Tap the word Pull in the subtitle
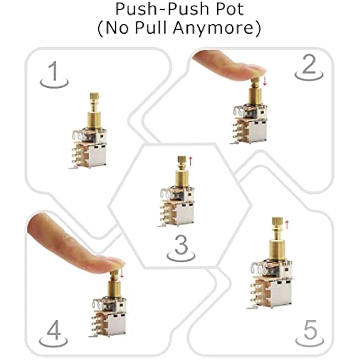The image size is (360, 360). click(x=151, y=27)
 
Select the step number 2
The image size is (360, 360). click(x=309, y=64)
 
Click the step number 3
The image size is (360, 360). click(x=181, y=244)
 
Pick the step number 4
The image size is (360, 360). click(x=54, y=330)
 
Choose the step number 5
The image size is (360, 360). click(x=310, y=330)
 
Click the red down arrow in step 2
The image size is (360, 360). click(x=265, y=81)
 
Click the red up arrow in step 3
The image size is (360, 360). click(x=190, y=161)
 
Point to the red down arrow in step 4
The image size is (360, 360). click(x=121, y=273)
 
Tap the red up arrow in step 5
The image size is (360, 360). click(x=287, y=225)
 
